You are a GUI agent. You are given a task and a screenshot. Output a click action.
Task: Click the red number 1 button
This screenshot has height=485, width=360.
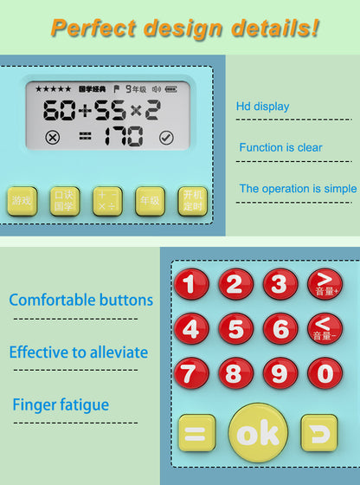(191, 284)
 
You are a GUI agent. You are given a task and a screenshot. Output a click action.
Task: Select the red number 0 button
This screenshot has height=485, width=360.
(325, 373)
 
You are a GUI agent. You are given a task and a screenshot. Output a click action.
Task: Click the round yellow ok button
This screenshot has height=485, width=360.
(259, 432)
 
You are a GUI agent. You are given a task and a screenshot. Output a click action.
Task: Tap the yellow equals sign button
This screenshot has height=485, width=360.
(197, 433)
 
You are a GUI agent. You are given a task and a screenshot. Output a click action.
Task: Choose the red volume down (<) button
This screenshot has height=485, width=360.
(325, 328)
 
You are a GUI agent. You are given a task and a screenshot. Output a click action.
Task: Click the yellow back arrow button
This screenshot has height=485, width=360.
(319, 432)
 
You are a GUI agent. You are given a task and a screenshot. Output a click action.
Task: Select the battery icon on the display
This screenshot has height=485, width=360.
(170, 88)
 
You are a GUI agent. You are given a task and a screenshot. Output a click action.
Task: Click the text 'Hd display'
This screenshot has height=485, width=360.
(262, 107)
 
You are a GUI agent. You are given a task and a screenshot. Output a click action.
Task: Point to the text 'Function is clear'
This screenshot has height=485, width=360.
(280, 148)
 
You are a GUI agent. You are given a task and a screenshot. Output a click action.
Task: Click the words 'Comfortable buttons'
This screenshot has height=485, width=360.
(80, 301)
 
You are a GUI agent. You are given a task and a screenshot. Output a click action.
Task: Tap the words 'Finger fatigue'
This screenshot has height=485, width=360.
(61, 404)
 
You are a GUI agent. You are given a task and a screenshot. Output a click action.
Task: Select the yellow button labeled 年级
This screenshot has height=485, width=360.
(149, 201)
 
